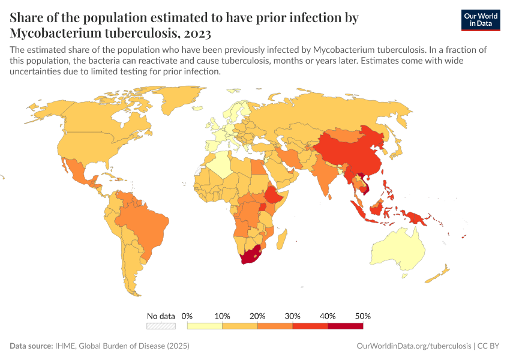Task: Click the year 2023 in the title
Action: tap(195, 32)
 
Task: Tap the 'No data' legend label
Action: tap(161, 316)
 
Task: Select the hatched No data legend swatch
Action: tap(161, 326)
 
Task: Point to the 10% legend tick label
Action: tap(223, 316)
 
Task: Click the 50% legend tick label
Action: tap(363, 316)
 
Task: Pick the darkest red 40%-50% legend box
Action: tap(346, 326)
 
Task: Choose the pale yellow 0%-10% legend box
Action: tap(205, 326)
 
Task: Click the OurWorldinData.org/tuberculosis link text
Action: tap(413, 346)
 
